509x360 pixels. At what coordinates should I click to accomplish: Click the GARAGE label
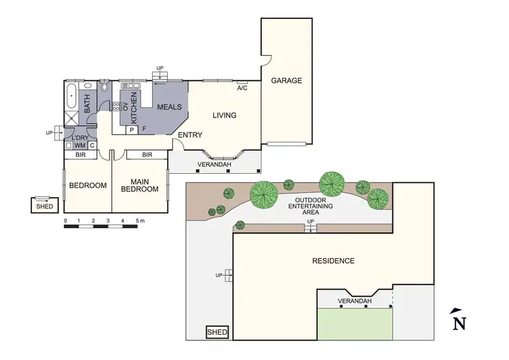click(286, 80)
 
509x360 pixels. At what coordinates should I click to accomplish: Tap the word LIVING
click(224, 115)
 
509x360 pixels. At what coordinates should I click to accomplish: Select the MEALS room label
click(169, 107)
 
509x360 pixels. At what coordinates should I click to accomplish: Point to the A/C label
click(242, 88)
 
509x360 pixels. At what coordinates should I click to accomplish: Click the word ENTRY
click(189, 135)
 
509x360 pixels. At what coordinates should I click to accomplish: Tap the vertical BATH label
click(87, 105)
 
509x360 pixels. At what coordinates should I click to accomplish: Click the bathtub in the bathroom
click(71, 98)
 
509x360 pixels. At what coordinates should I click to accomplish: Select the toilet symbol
click(104, 87)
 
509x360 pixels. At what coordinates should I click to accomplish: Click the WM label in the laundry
click(79, 145)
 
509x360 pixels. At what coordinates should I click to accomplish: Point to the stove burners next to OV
click(116, 106)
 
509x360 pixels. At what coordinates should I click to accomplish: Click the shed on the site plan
click(218, 333)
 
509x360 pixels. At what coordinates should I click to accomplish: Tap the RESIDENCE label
click(333, 261)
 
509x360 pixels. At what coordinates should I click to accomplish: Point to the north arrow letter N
click(459, 321)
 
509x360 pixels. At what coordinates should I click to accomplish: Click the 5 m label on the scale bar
click(140, 221)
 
